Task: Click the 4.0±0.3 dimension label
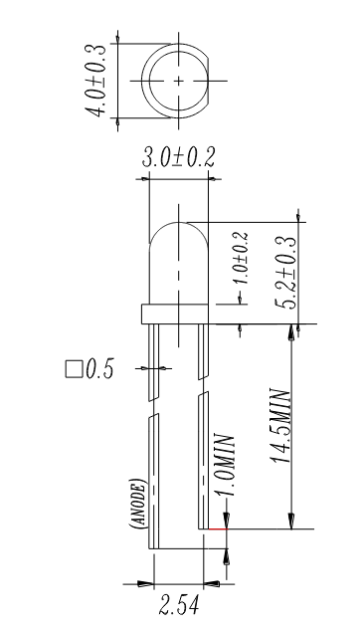(x=97, y=81)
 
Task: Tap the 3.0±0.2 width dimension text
(x=178, y=157)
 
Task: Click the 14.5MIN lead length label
(x=281, y=426)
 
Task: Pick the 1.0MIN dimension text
(x=225, y=465)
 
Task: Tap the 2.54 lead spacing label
(x=179, y=605)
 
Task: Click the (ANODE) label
(x=137, y=503)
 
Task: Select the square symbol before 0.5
(x=74, y=369)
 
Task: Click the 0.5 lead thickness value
(x=99, y=368)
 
